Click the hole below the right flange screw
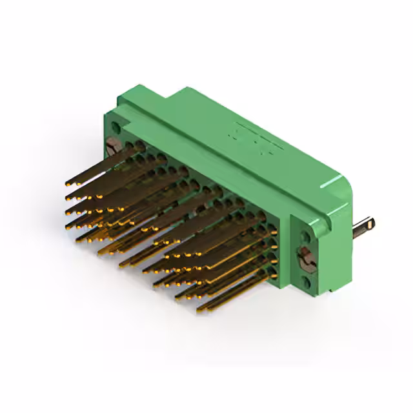307,281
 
